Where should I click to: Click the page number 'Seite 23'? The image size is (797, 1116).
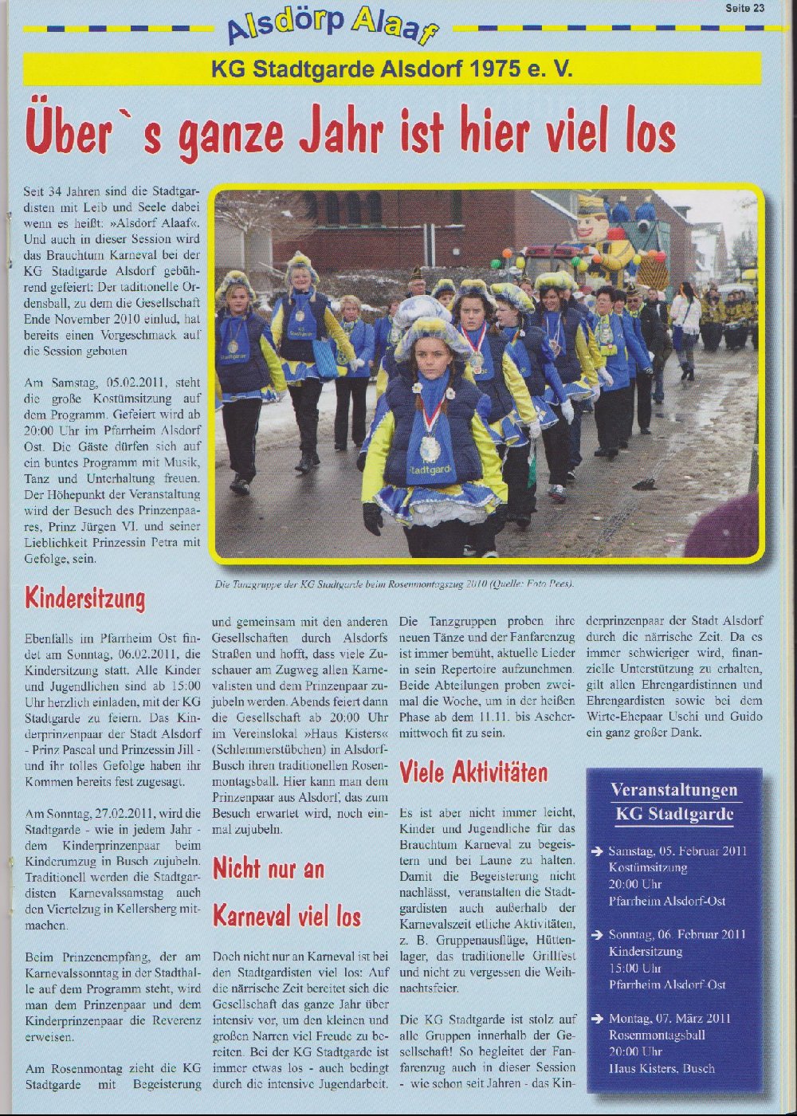point(744,8)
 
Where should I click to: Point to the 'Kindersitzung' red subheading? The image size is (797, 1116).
point(85,598)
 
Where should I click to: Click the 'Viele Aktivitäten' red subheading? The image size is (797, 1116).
point(473,772)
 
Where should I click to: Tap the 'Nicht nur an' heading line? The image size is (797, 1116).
point(269,867)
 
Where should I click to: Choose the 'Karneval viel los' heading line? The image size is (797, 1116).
point(287,916)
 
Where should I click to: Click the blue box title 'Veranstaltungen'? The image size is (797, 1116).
point(673,790)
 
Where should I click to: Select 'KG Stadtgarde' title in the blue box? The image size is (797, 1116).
point(673,814)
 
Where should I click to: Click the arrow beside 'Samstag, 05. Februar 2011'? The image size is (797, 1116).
point(597,851)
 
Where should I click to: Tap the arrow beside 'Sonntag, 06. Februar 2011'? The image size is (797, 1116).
point(597,934)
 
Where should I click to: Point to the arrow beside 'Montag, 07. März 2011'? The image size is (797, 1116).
point(597,1019)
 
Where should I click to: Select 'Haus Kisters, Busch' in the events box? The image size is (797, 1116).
point(662,1068)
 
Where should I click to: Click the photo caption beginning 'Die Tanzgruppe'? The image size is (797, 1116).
point(394,584)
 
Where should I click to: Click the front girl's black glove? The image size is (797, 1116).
point(372,518)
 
